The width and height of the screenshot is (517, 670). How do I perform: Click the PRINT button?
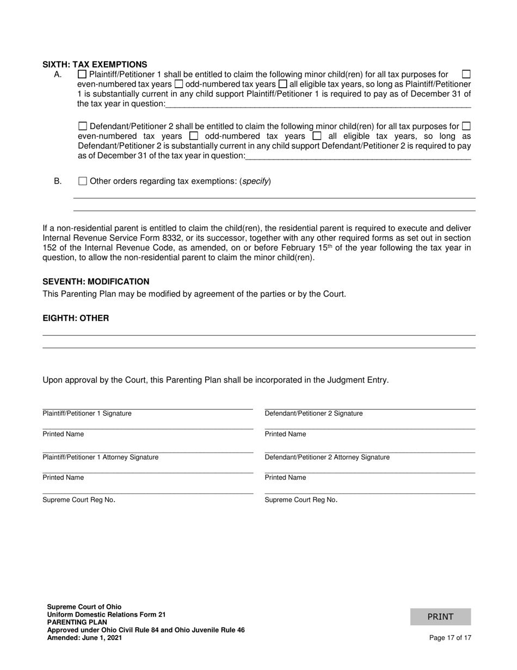[x=440, y=617]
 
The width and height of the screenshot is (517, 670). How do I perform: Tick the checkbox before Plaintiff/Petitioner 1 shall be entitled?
[x=83, y=74]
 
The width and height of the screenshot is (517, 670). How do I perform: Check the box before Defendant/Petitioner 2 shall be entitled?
[x=83, y=126]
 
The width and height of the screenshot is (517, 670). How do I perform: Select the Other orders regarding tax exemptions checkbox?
[x=83, y=181]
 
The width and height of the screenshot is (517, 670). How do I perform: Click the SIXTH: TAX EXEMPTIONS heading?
[x=95, y=64]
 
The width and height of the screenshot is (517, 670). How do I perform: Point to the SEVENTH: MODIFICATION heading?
[x=96, y=282]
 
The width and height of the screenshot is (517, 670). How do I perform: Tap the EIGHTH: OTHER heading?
[x=76, y=318]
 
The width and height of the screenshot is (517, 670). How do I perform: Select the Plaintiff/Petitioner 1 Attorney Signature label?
[x=101, y=457]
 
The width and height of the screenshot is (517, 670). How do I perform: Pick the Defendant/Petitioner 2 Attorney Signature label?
[x=327, y=457]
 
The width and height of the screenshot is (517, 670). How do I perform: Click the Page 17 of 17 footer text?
[x=450, y=638]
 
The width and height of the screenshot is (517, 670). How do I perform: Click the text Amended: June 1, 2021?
[x=84, y=638]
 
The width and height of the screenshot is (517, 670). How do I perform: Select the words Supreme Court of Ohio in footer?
[x=84, y=607]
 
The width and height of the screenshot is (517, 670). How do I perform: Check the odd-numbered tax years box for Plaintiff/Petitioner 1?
[x=179, y=84]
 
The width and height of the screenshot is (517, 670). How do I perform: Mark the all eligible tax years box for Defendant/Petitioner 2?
[x=317, y=136]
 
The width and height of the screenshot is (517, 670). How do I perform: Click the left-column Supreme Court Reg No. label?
[x=79, y=500]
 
